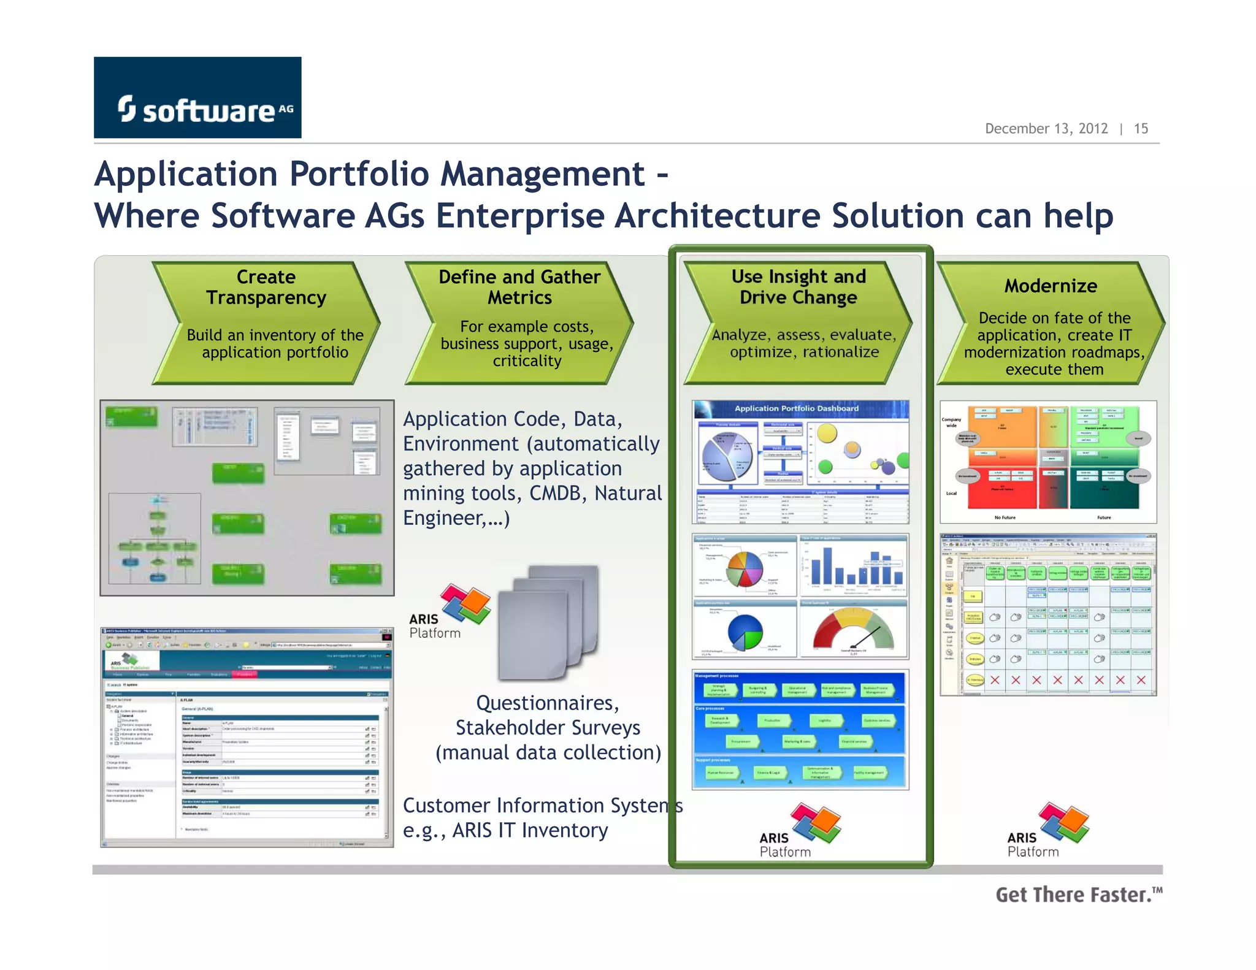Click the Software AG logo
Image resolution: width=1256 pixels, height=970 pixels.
click(x=197, y=98)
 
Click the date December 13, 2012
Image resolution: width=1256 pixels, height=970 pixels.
click(x=1046, y=129)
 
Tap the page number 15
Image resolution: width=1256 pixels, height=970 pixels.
click(x=1141, y=129)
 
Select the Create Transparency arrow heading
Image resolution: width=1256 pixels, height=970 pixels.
click(x=266, y=287)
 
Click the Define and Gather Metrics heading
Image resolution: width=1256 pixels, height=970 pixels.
click(x=519, y=287)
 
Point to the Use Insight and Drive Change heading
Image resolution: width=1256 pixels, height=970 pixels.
click(x=798, y=287)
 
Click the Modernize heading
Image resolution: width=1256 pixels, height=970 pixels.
click(x=1051, y=286)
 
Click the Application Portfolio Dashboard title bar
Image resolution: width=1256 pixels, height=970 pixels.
click(x=797, y=408)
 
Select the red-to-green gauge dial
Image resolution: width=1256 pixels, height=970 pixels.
click(x=853, y=630)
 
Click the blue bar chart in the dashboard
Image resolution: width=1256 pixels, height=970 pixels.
click(x=853, y=566)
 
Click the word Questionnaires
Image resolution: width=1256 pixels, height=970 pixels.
click(x=547, y=703)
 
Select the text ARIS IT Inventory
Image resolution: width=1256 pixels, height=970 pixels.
click(x=530, y=830)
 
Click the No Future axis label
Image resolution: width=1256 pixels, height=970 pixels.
click(x=1005, y=517)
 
